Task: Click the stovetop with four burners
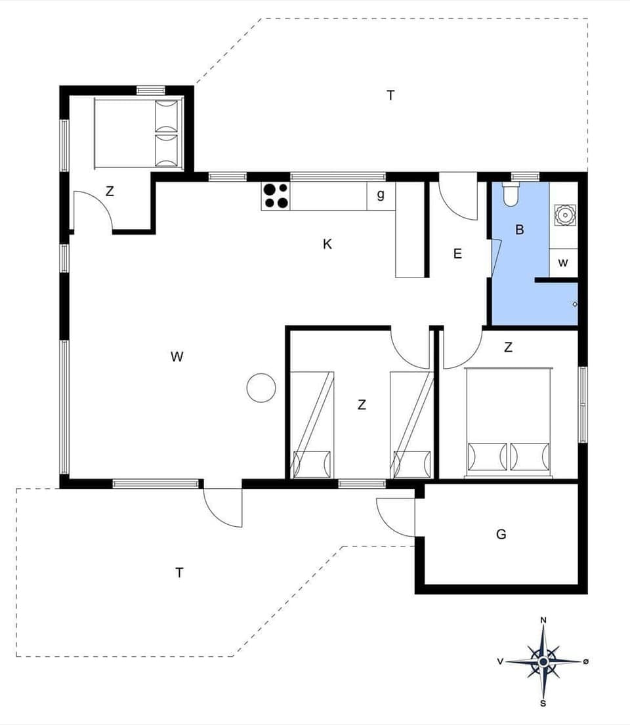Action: tap(276, 196)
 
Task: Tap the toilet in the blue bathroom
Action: tap(511, 195)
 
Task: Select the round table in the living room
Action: tap(261, 387)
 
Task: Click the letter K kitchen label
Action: tap(327, 245)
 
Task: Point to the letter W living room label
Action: tap(177, 357)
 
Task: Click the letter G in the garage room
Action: tap(501, 535)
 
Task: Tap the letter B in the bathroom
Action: tap(520, 230)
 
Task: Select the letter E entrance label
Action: tap(457, 254)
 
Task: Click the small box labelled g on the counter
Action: tap(381, 196)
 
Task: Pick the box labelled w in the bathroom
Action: tap(563, 262)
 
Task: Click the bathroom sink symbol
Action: tap(563, 214)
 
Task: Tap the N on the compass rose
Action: tap(543, 620)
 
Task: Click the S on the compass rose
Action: tap(543, 704)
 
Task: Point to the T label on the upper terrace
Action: tap(390, 96)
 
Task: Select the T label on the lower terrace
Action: tap(179, 573)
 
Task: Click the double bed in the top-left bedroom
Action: tap(136, 133)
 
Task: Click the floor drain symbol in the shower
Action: tap(575, 304)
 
